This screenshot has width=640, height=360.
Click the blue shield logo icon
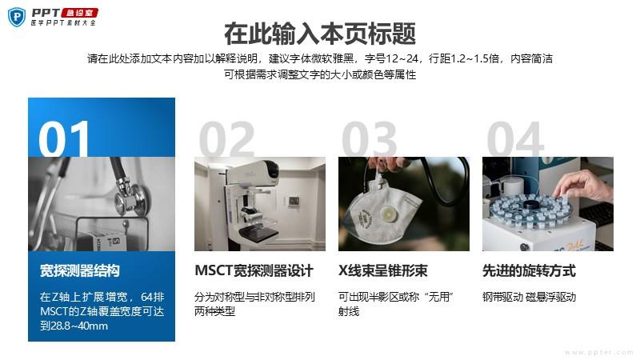[x=17, y=17]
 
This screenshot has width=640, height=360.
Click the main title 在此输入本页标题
[x=320, y=34]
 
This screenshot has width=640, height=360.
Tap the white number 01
[x=64, y=138]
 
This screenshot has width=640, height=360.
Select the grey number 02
[x=226, y=138]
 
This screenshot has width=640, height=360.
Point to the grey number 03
[x=370, y=138]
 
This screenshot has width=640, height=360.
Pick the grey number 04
[x=515, y=138]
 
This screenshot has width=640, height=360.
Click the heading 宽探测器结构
[x=79, y=270]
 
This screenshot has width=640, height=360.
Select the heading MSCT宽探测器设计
[x=254, y=270]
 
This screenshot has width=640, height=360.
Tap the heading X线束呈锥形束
[x=382, y=270]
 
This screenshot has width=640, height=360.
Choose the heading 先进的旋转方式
[x=529, y=270]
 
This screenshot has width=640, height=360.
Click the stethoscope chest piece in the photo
[x=130, y=198]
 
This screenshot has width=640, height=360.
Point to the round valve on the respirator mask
[x=386, y=214]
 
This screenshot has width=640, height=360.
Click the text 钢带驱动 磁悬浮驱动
[x=529, y=297]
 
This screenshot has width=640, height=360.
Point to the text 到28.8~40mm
[x=74, y=326]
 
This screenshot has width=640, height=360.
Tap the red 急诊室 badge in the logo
[x=79, y=13]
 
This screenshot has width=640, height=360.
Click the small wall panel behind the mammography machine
[x=294, y=201]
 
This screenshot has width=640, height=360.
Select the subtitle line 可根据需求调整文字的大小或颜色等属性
[x=320, y=74]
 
